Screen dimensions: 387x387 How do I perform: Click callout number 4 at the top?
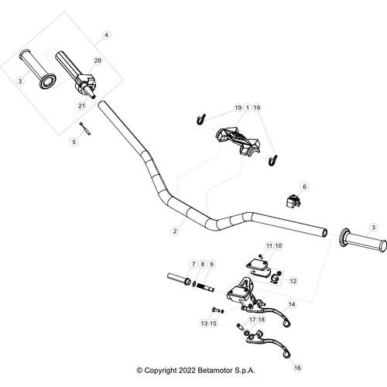point(107,35)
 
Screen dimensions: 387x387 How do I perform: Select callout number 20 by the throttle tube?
point(98,60)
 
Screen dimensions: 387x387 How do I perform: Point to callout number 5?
point(74,142)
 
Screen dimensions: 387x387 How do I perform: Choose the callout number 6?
point(304,187)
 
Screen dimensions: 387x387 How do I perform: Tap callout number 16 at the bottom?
point(297,369)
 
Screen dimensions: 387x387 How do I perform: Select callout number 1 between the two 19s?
point(247,107)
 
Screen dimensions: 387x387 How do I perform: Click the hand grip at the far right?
point(364,241)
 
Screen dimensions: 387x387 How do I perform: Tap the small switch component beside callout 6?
point(292,200)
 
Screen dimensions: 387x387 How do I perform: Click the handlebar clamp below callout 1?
point(238,142)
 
